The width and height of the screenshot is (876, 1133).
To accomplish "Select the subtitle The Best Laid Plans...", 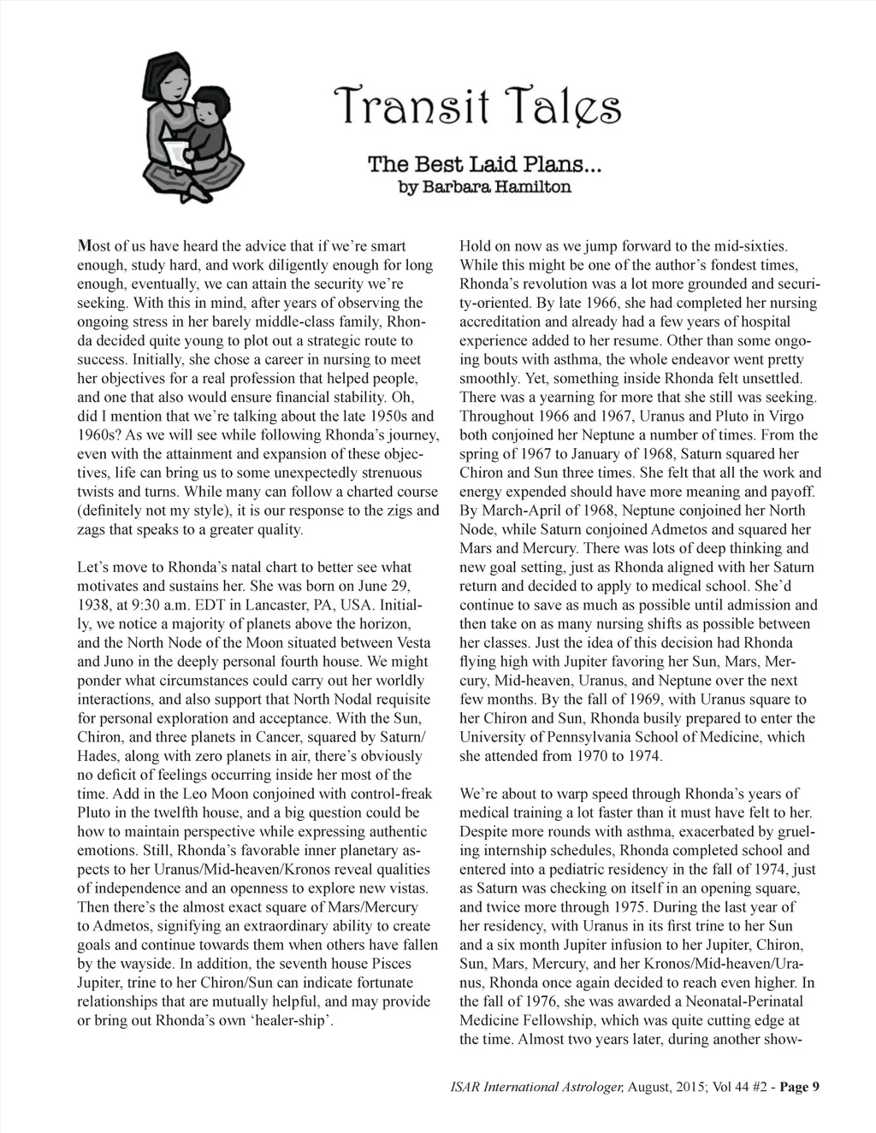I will click(485, 163).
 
